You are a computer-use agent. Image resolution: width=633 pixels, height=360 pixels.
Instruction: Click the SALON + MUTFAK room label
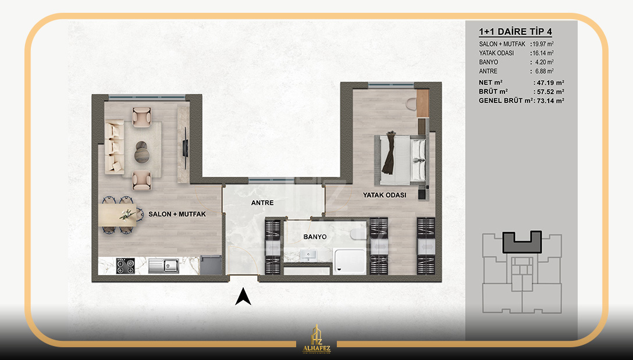177,214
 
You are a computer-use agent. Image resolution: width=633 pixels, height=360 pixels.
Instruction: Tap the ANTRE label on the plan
262,203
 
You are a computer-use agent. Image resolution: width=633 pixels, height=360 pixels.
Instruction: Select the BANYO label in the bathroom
315,237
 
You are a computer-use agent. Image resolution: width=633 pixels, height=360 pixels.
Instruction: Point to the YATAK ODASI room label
385,195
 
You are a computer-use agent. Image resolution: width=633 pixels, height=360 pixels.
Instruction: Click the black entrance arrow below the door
243,297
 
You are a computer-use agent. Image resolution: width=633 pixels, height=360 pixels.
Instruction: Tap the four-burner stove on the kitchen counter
125,266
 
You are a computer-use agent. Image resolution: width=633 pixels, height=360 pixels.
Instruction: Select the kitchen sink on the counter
163,266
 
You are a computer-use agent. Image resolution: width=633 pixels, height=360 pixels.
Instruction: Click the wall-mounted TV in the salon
186,148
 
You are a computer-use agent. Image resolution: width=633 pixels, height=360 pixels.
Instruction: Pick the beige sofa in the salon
114,147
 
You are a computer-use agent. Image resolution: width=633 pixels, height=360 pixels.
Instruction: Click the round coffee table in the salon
142,152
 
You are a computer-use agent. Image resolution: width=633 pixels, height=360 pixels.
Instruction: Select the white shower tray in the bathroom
350,261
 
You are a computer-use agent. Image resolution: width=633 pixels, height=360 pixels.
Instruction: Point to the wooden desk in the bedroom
422,104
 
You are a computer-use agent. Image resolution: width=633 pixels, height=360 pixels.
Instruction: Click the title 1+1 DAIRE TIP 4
515,31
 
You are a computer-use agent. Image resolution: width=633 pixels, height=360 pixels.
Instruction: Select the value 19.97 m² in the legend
543,44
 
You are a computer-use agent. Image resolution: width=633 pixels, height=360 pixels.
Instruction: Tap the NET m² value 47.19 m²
549,83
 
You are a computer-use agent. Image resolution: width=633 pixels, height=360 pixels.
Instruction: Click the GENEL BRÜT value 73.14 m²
550,101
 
